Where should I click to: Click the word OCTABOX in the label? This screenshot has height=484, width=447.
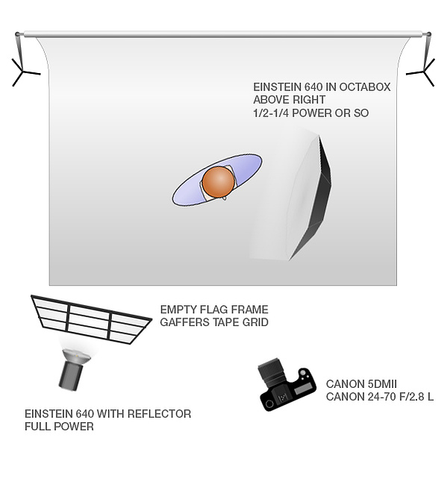pos(365,87)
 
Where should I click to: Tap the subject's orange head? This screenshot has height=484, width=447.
pos(219,182)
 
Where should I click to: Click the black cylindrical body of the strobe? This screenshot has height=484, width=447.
pos(71,376)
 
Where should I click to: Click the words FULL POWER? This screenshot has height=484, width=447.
pos(59,427)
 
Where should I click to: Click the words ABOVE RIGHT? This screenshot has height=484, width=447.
pos(289,100)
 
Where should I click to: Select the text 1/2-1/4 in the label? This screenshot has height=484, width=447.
pos(271,113)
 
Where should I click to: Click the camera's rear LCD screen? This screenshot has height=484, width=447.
pos(304,390)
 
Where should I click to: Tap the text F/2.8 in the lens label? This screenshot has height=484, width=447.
pos(412,397)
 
